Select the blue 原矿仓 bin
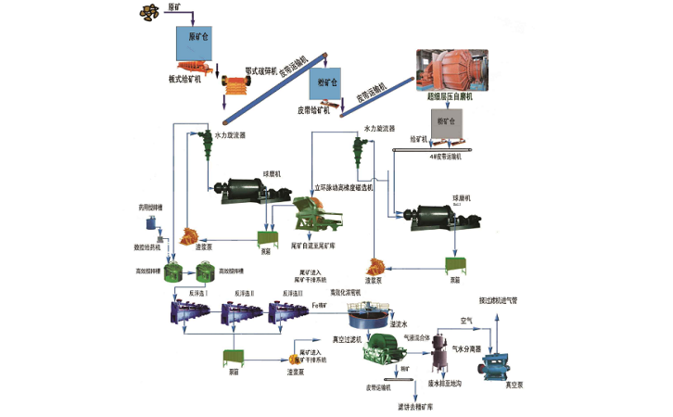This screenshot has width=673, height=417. (x=196, y=43)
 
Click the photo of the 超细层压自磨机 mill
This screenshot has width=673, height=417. (x=449, y=70)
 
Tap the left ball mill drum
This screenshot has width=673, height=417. (x=238, y=194)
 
